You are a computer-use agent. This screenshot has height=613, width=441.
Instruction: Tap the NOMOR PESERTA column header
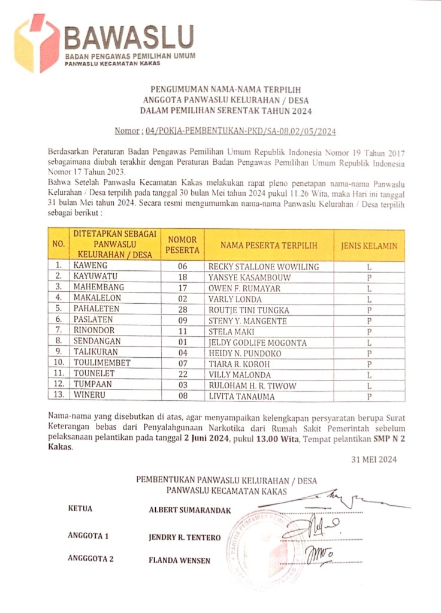pyautogui.click(x=182, y=244)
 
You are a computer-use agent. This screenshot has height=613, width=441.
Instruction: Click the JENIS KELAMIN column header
pyautogui.click(x=369, y=245)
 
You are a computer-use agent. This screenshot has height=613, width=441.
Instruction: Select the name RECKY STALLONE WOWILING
pyautogui.click(x=263, y=267)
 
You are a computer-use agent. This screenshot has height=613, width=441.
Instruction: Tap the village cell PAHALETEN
pyautogui.click(x=96, y=309)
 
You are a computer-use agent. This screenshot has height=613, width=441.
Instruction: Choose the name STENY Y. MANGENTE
pyautogui.click(x=247, y=321)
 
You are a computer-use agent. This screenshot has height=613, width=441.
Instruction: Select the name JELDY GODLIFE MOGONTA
pyautogui.click(x=257, y=343)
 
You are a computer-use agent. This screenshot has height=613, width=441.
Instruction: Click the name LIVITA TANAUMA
pyautogui.click(x=241, y=396)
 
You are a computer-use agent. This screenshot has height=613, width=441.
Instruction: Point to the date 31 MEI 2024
pyautogui.click(x=374, y=460)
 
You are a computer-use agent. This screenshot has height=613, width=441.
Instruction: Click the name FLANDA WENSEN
pyautogui.click(x=180, y=561)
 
